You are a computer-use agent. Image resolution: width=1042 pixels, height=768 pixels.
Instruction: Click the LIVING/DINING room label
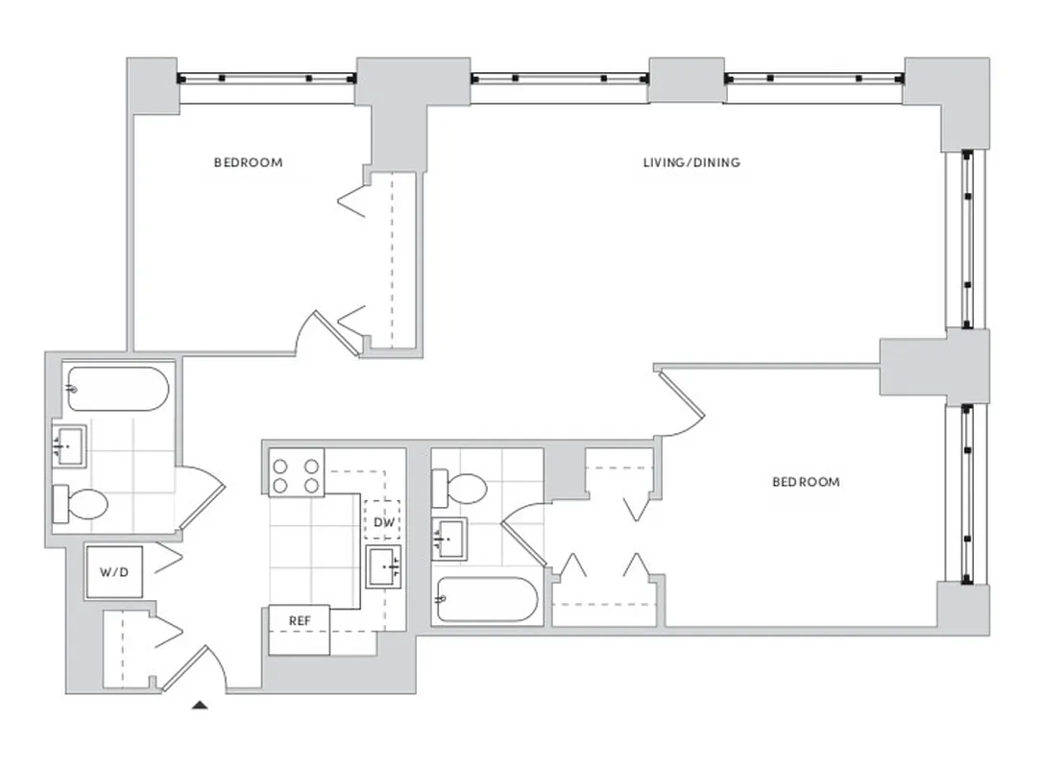click(x=691, y=162)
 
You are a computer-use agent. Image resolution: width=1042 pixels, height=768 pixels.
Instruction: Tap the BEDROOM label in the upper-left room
click(x=248, y=162)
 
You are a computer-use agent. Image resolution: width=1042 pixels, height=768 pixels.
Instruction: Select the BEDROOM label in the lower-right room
click(x=806, y=481)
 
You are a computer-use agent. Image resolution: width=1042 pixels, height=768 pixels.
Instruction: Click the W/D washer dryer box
click(x=114, y=572)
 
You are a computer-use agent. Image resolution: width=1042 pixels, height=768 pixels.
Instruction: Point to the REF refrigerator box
click(x=300, y=621)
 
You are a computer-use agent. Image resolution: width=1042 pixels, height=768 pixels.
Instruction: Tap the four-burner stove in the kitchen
click(x=296, y=474)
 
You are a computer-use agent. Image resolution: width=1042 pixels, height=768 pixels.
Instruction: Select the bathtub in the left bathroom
click(x=117, y=389)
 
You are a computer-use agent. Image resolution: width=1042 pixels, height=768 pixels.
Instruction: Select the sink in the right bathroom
click(x=449, y=539)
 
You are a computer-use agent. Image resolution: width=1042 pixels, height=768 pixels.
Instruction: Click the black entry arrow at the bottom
click(x=200, y=706)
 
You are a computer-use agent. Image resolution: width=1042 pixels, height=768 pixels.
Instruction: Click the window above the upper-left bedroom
click(x=267, y=79)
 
